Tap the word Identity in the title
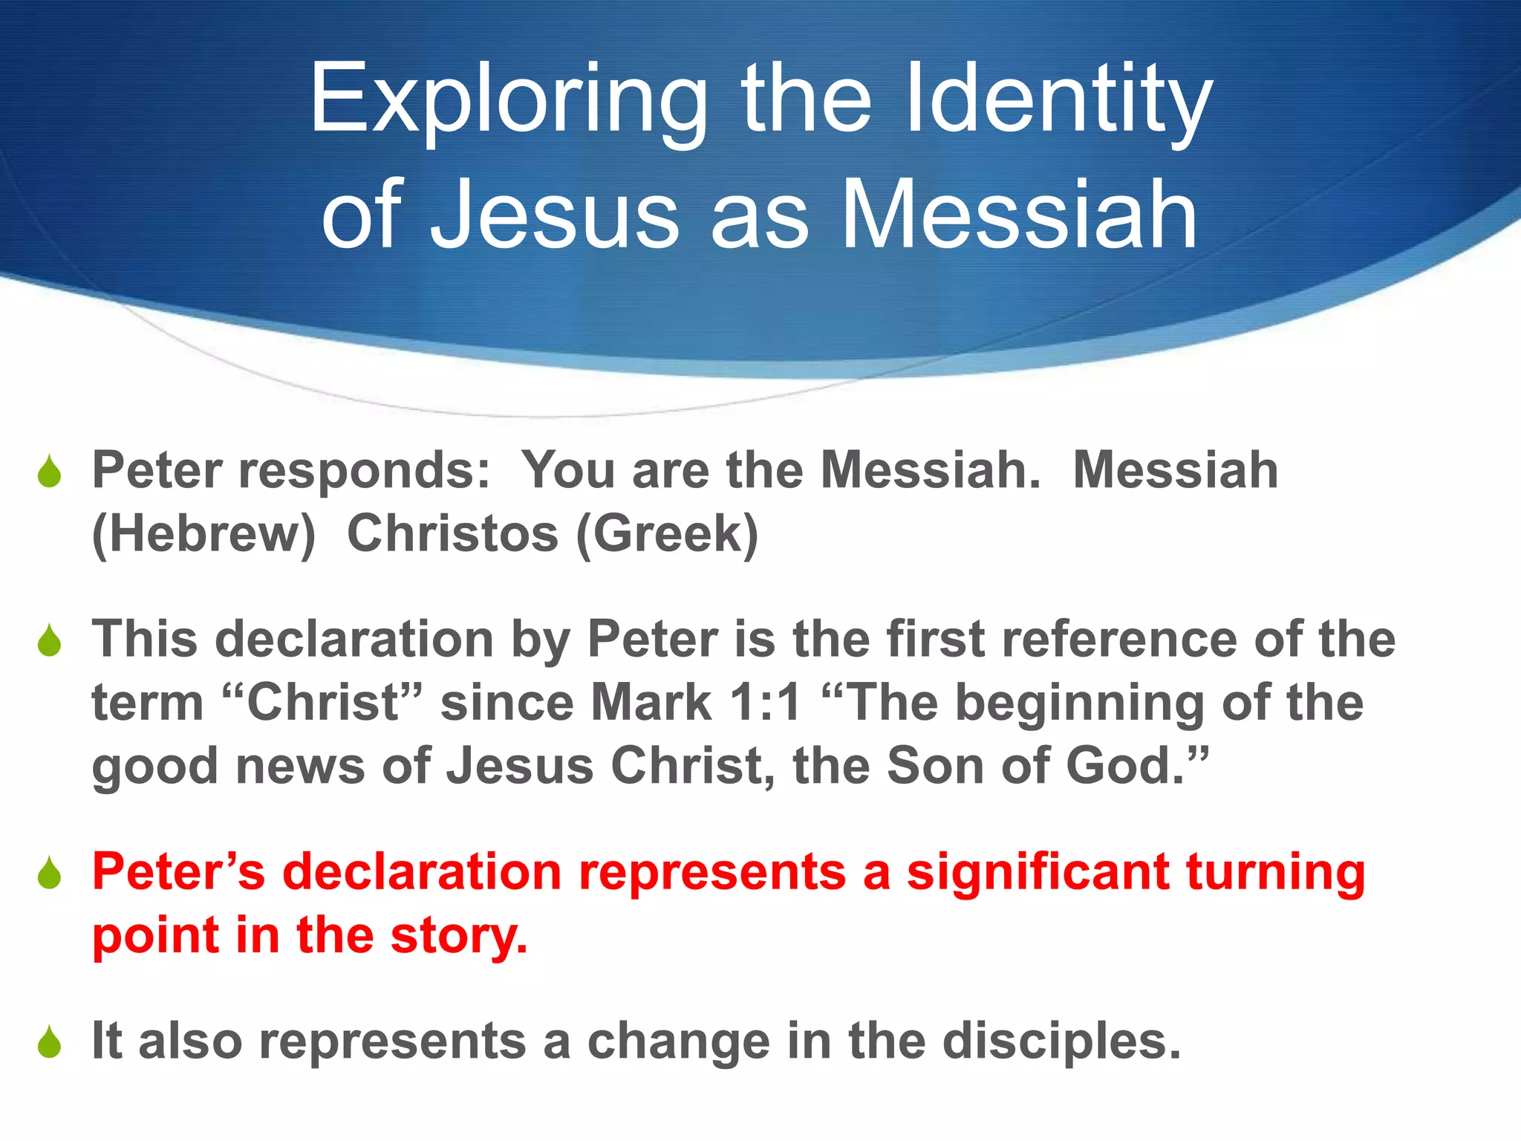point(1059,100)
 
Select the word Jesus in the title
point(554,215)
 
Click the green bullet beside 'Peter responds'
point(50,472)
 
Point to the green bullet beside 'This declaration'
point(50,641)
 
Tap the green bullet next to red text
point(50,874)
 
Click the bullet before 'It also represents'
point(50,1042)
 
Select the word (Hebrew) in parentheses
point(203,535)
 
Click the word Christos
point(452,534)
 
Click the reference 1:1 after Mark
point(765,703)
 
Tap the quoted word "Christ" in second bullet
point(322,703)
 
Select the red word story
point(458,936)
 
